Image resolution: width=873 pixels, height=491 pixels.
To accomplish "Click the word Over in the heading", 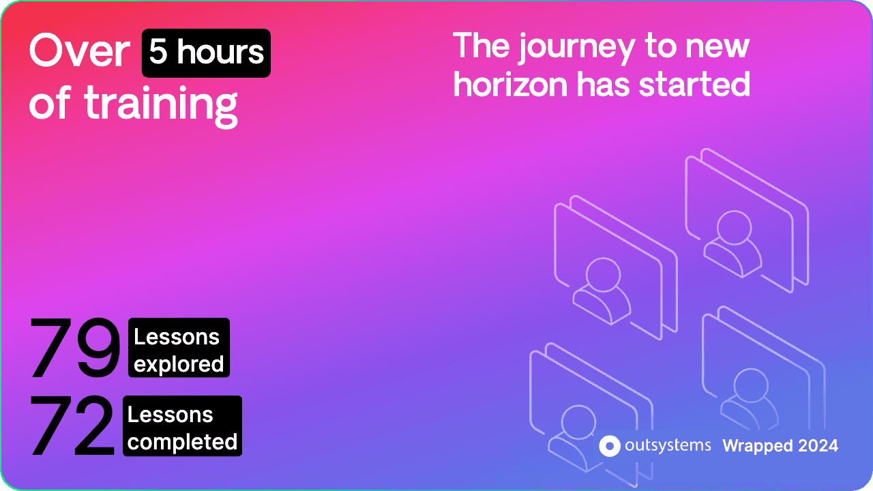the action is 80,50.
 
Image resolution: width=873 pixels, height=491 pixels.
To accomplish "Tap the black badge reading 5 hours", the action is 206,53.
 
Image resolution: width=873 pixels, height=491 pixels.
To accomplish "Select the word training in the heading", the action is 161,105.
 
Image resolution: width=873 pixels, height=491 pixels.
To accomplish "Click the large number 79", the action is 75,347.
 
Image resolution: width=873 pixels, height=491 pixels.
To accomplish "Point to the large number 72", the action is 72,425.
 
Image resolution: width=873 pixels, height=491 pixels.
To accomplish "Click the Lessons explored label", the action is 179,348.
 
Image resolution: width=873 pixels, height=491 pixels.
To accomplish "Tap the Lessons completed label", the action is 182,426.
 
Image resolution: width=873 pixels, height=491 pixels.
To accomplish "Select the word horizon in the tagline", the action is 510,84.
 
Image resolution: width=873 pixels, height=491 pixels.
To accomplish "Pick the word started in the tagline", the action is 694,84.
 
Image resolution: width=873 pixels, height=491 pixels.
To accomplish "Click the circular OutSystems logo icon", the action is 610,446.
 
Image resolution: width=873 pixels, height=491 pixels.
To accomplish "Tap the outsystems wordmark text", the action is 668,445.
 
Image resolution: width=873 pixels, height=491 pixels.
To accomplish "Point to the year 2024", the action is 818,446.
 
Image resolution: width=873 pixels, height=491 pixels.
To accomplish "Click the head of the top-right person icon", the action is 734,228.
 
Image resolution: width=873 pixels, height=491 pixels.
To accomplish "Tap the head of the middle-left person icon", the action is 603,275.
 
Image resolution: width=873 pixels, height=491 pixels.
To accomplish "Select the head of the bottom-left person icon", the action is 579,422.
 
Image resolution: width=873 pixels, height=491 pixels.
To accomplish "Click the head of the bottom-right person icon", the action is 751,385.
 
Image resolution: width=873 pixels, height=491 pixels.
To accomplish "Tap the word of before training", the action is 50,102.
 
